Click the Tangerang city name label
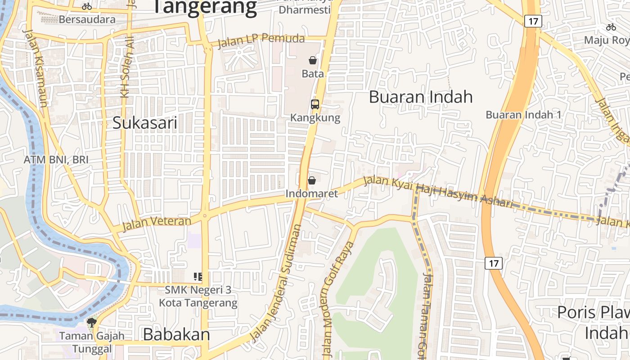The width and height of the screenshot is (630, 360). click(205, 7)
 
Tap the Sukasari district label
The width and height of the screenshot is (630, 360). click(145, 122)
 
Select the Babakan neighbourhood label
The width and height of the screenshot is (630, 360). click(176, 334)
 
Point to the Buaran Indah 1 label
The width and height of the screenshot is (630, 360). click(523, 115)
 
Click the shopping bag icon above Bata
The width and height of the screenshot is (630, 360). click(313, 60)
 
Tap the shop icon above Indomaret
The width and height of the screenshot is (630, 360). click(311, 180)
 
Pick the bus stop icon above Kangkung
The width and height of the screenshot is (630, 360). click(315, 104)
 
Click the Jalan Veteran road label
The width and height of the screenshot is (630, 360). click(157, 223)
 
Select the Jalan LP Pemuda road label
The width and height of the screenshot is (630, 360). click(261, 41)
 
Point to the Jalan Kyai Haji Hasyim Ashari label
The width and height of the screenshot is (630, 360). click(438, 192)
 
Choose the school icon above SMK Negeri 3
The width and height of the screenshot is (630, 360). click(198, 276)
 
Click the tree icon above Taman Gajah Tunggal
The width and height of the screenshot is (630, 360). click(92, 322)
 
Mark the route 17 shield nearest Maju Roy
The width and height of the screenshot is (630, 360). click(533, 21)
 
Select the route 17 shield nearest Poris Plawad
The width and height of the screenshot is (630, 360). click(494, 263)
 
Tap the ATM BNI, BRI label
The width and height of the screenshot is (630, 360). click(56, 160)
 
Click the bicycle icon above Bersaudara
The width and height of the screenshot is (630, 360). click(87, 6)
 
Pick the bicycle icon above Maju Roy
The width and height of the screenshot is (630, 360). click(611, 27)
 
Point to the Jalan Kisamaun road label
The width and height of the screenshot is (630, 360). click(36, 67)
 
